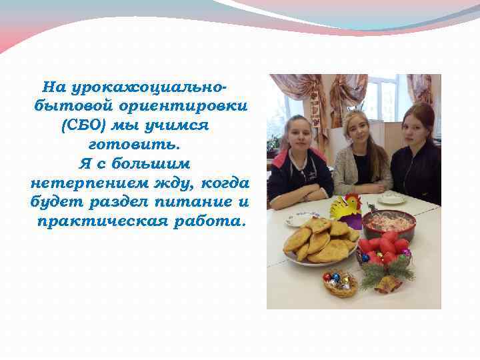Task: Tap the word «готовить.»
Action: coord(133,143)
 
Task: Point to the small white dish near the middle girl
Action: coord(392,198)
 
